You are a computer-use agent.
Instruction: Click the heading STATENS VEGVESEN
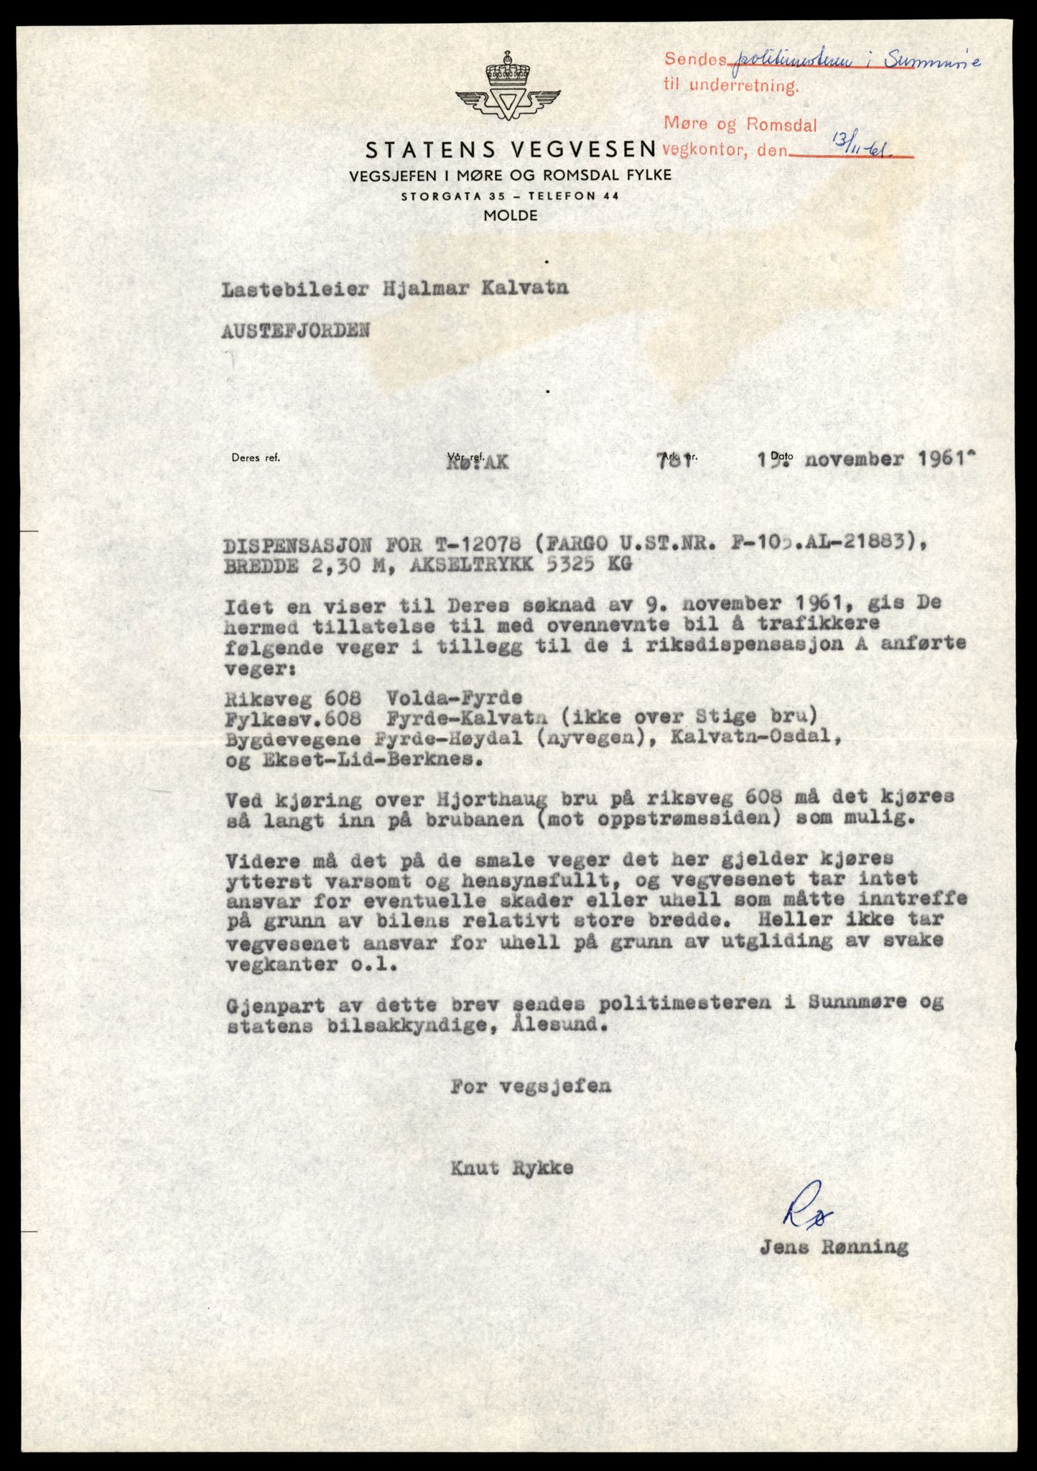click(x=511, y=149)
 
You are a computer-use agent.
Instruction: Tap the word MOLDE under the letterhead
click(x=510, y=215)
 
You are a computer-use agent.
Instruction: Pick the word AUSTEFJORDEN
click(x=296, y=330)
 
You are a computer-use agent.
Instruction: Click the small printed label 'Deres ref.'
click(x=256, y=457)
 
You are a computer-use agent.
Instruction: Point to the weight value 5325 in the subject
click(x=561, y=565)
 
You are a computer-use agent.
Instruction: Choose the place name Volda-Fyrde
click(x=454, y=697)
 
